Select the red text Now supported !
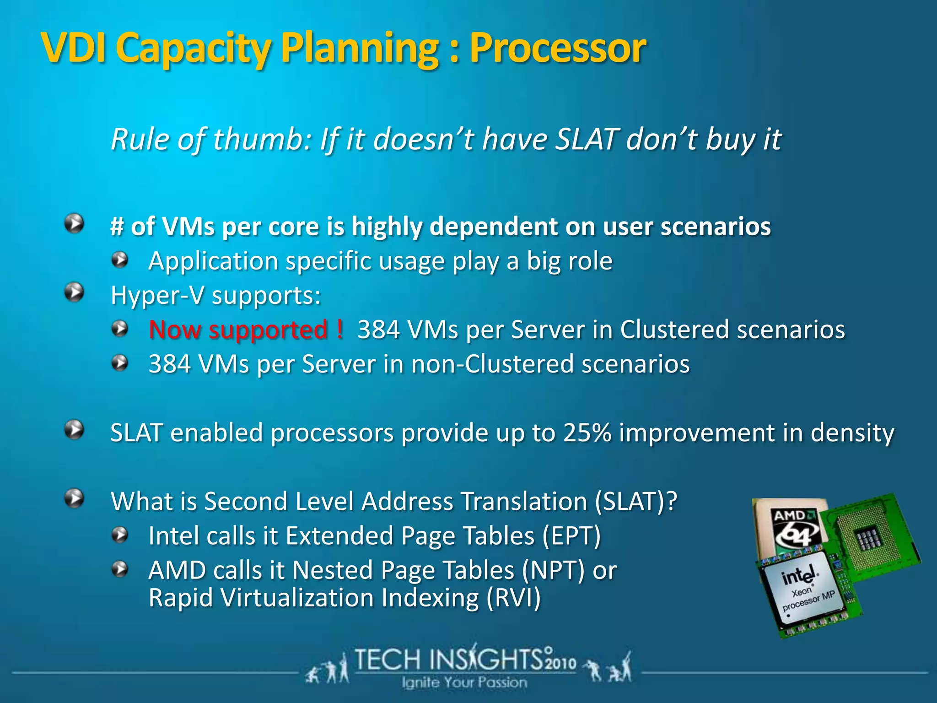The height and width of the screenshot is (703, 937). pos(246,330)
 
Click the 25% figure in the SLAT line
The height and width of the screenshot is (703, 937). pos(587,433)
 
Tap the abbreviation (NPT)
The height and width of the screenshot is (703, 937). pos(554,570)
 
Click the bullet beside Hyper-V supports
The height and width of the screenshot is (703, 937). pos(74,292)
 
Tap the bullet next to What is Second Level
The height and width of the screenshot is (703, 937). pos(74,498)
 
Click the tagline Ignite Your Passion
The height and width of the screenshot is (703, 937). pos(464,682)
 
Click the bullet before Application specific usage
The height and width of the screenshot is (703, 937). pos(120,260)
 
